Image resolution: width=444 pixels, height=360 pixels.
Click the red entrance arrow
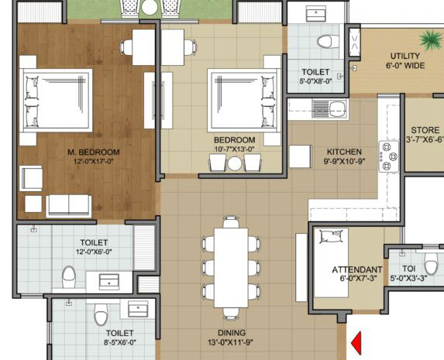click(x=357, y=341)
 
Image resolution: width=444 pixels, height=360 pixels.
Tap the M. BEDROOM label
click(x=93, y=151)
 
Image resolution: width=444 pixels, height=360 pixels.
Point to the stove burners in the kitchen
click(x=387, y=156)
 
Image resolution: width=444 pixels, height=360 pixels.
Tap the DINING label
click(x=230, y=331)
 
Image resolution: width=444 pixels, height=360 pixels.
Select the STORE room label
click(x=425, y=130)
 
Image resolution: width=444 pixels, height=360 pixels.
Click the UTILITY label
click(x=404, y=56)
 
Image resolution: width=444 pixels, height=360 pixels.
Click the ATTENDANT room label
click(x=358, y=269)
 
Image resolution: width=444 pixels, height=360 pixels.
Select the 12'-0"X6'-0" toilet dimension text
click(x=93, y=252)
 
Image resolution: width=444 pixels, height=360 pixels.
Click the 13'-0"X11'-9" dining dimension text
click(x=230, y=342)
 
